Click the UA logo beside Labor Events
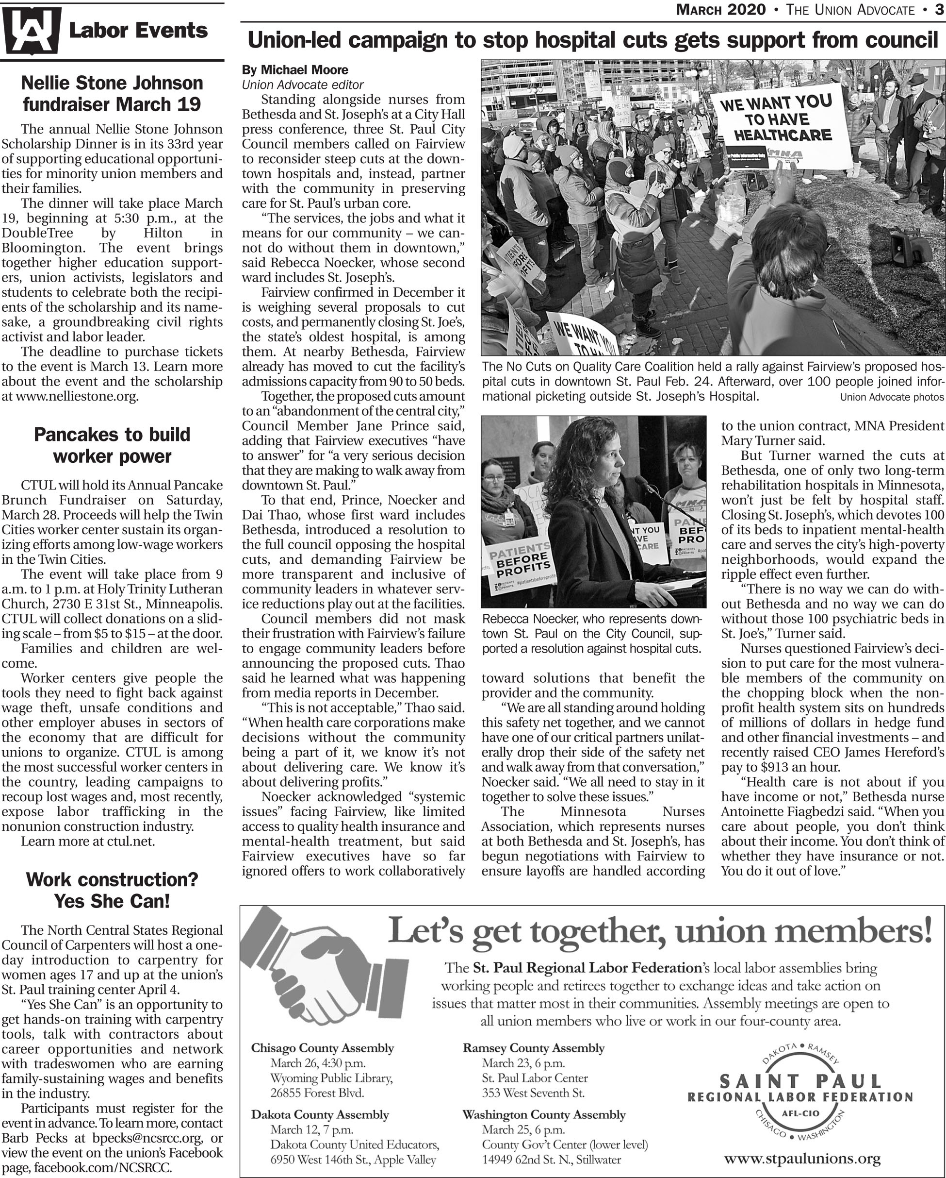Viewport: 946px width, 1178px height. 31,31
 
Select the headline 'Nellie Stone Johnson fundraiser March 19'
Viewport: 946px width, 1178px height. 112,93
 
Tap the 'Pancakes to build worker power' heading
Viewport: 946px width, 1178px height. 112,445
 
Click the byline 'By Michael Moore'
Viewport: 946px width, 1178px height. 295,70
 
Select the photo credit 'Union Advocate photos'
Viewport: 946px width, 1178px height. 891,397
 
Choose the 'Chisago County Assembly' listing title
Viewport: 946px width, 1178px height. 322,1048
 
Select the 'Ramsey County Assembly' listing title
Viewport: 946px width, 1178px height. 533,1048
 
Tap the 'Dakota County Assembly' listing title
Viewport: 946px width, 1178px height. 320,1114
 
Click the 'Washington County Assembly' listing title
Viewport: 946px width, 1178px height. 544,1114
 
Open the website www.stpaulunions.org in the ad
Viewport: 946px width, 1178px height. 802,1158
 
